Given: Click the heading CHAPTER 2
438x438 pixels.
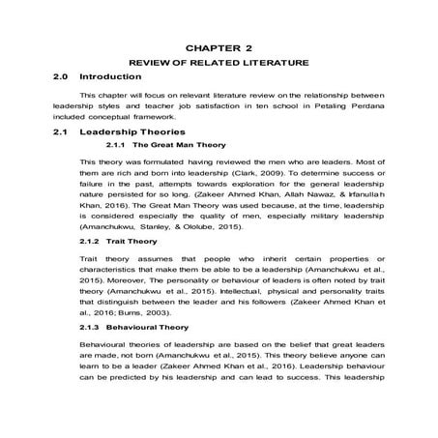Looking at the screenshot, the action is (219, 45).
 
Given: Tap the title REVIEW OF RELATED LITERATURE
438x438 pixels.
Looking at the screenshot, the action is (219, 61).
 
